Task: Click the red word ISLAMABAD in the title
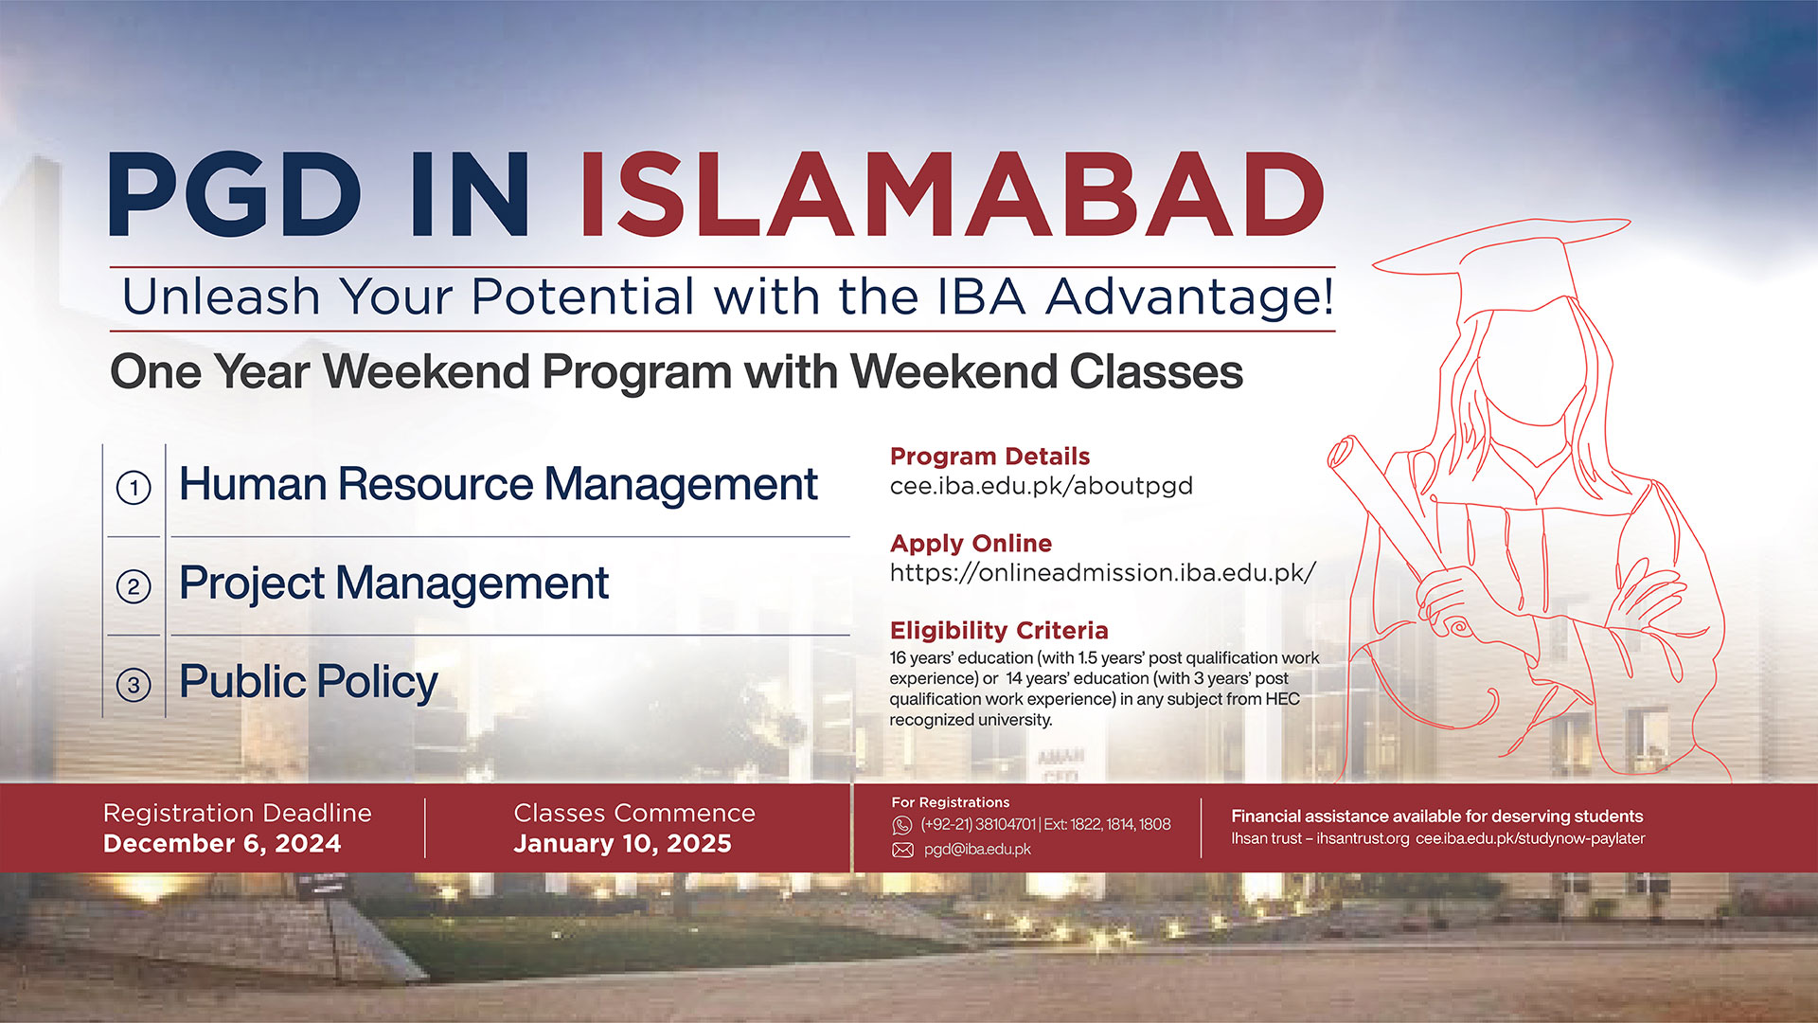point(951,195)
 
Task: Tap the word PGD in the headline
point(235,195)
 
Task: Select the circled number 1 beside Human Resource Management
point(134,488)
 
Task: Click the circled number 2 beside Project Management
point(134,586)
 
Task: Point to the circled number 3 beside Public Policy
point(134,685)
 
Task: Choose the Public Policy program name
point(309,682)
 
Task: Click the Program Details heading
point(989,457)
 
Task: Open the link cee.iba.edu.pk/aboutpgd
point(1041,486)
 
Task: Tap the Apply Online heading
point(971,544)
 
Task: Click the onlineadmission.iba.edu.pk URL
point(1102,573)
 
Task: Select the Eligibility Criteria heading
point(998,631)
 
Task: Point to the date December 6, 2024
point(222,844)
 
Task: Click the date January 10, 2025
point(622,844)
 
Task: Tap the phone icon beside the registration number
point(902,825)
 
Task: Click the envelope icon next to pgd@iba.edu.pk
point(902,850)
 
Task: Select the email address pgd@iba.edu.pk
point(977,850)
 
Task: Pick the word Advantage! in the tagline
point(1190,297)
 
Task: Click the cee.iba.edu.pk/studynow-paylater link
point(1530,839)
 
